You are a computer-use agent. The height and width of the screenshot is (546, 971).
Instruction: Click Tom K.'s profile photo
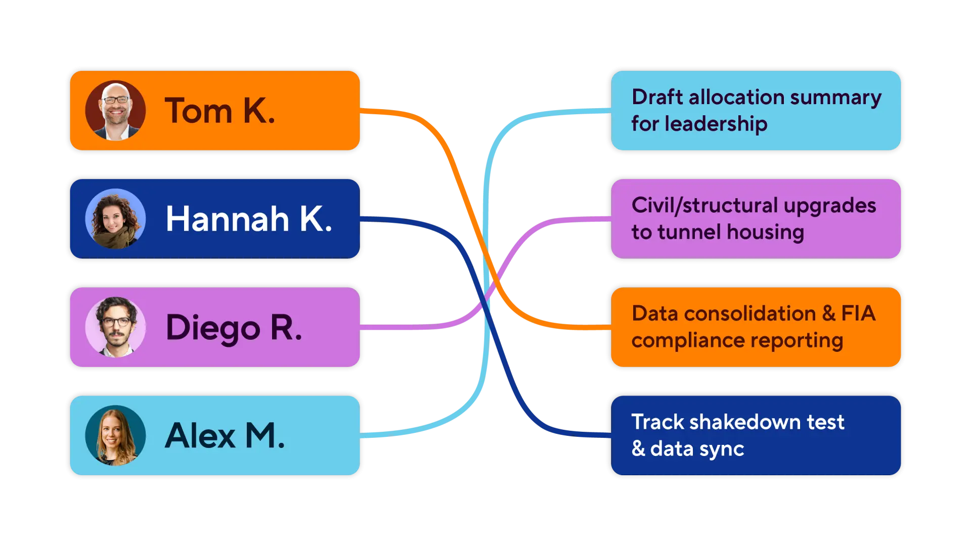pyautogui.click(x=115, y=110)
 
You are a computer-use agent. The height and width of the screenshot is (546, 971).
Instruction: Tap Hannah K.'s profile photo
pyautogui.click(x=115, y=218)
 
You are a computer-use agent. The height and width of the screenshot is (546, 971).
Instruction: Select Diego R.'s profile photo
pyautogui.click(x=115, y=327)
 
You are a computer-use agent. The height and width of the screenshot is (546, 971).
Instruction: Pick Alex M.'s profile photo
pyautogui.click(x=115, y=435)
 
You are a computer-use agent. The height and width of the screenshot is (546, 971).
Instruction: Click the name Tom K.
pyautogui.click(x=220, y=111)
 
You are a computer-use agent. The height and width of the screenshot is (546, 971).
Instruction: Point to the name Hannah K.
pyautogui.click(x=249, y=219)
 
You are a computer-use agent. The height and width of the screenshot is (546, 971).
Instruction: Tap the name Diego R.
pyautogui.click(x=234, y=328)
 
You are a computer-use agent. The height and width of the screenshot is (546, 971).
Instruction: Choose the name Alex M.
pyautogui.click(x=225, y=435)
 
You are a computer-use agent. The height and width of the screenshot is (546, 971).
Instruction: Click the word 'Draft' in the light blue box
pyautogui.click(x=657, y=97)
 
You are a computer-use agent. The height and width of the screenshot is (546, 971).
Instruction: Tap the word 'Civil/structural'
pyautogui.click(x=704, y=206)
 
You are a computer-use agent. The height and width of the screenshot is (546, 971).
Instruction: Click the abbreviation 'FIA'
pyautogui.click(x=858, y=313)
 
